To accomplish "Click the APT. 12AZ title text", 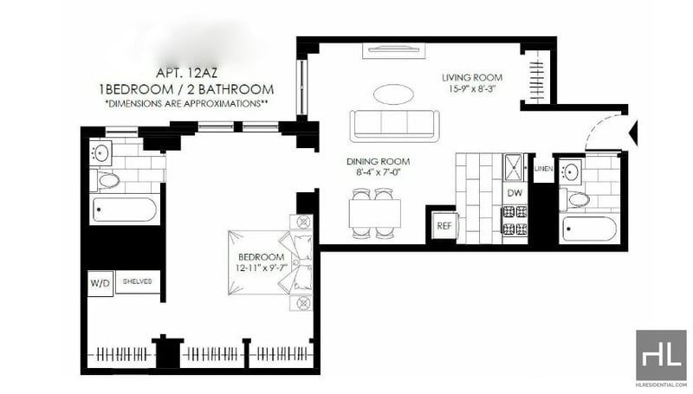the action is [186, 73].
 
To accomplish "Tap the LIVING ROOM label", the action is [472, 78].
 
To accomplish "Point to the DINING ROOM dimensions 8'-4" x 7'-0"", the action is [378, 172].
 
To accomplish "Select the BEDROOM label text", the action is [262, 256].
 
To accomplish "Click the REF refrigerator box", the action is [444, 226].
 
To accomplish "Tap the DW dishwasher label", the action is [515, 193].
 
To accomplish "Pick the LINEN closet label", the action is [543, 169].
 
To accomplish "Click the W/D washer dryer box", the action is [100, 282].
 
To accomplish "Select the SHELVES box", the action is [138, 281].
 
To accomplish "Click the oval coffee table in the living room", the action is [394, 94].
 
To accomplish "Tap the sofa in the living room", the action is [395, 126].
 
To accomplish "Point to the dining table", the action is [375, 214].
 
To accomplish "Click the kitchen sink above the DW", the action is [513, 167].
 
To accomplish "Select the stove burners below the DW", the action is [515, 220].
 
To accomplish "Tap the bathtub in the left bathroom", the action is [125, 210].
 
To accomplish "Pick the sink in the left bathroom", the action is [100, 152].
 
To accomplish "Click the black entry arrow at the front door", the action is [633, 132].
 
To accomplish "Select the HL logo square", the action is [661, 355].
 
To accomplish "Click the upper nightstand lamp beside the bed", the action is [303, 222].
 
